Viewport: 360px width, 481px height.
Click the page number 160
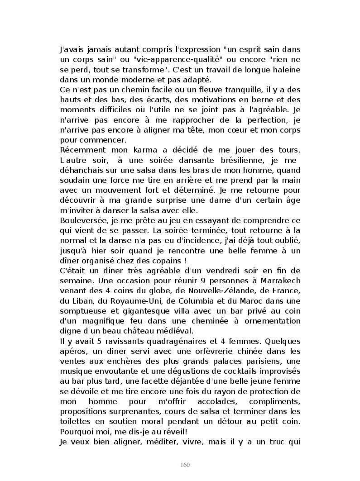pos(184,465)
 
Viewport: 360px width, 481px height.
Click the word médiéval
pos(170,330)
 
